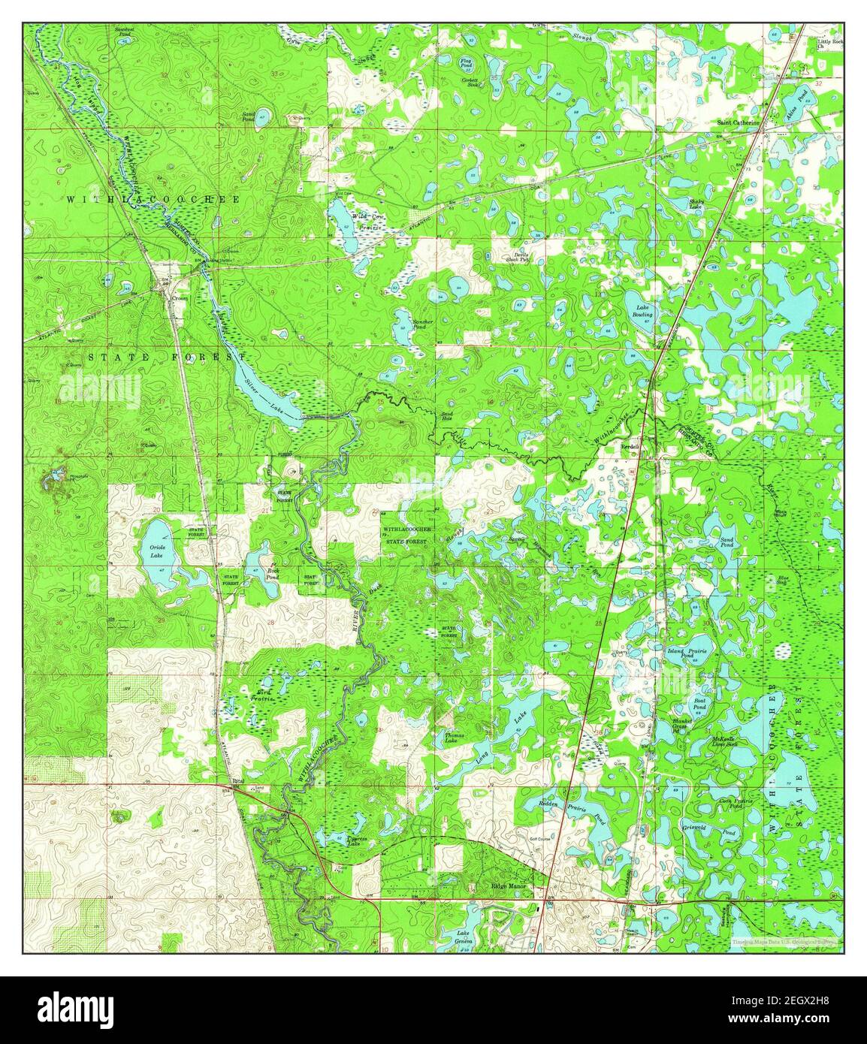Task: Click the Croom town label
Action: (179, 297)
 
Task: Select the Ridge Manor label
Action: (513, 887)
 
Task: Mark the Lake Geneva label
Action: (464, 938)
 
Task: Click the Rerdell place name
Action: (630, 446)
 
